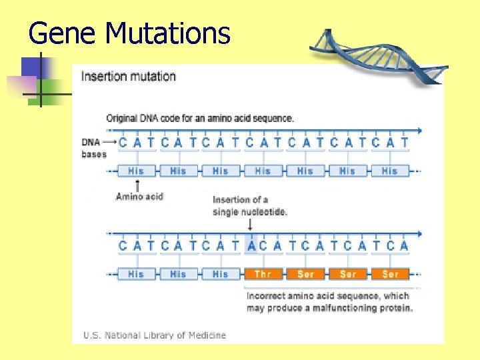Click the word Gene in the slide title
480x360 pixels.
point(54,33)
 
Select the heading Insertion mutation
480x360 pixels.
point(128,76)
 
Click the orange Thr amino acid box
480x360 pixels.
point(263,274)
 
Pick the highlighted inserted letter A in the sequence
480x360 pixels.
point(251,245)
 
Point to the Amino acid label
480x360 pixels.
point(139,196)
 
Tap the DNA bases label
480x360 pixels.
point(94,148)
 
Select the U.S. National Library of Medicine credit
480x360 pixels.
point(154,335)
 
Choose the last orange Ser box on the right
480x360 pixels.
point(391,274)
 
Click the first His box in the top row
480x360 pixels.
point(136,171)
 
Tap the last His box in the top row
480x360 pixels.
point(389,171)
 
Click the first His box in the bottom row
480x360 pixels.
point(136,274)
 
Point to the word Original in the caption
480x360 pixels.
point(123,119)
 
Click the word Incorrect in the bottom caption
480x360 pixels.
point(267,295)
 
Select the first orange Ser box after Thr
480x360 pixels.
point(305,274)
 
